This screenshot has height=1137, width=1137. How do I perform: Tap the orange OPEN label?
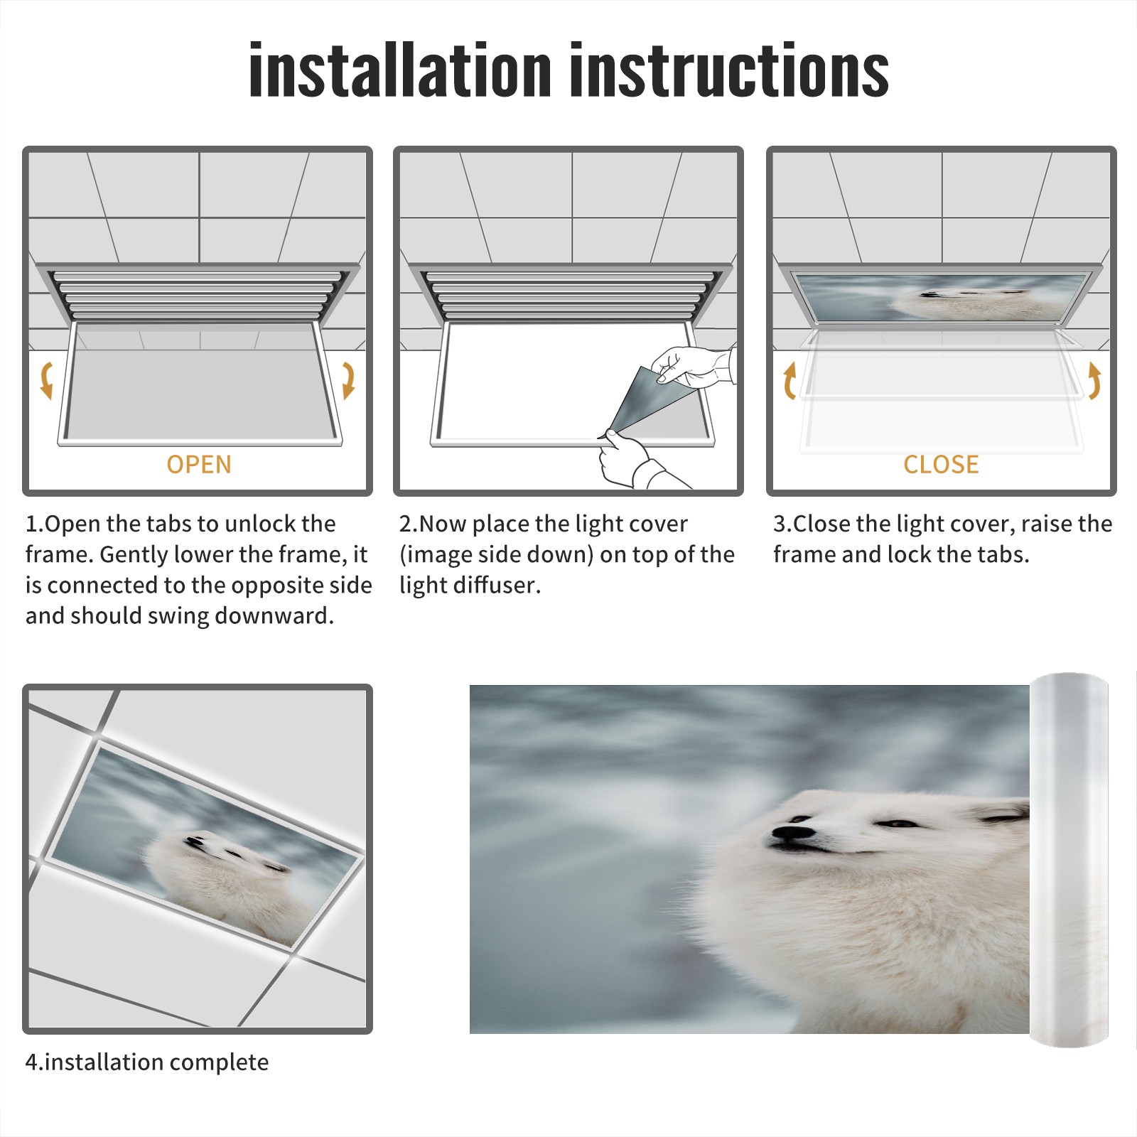199,465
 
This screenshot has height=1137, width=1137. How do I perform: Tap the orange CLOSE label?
941,465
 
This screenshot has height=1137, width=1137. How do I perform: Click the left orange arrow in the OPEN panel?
46,380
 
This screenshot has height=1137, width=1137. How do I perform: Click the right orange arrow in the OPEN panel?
349,380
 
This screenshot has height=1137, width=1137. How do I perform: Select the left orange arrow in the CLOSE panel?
790,380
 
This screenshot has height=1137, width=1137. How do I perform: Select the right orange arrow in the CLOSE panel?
1094,380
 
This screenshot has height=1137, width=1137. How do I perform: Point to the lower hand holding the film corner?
636,462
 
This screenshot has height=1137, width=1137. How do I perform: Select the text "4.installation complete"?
147,1062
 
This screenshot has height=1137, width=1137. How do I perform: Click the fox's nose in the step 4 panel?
193,841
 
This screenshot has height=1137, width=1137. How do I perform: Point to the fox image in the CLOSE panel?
941,297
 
